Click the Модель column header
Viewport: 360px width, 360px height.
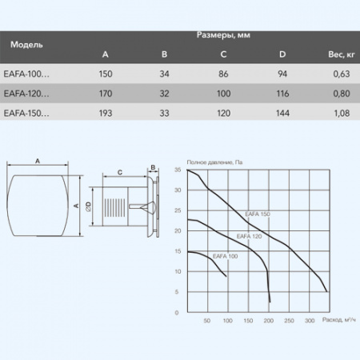point(26,45)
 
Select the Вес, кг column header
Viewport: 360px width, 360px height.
point(342,54)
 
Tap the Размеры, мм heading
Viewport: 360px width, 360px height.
point(223,35)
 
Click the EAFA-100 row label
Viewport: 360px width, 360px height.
point(26,74)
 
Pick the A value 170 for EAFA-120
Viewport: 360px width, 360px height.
point(106,94)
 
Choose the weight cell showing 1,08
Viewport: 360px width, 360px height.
point(342,114)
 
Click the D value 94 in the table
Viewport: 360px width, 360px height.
point(282,74)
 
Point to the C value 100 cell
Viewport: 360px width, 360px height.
point(223,94)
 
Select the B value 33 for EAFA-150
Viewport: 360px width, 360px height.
point(164,114)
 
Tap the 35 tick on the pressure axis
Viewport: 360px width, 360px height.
point(178,170)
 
